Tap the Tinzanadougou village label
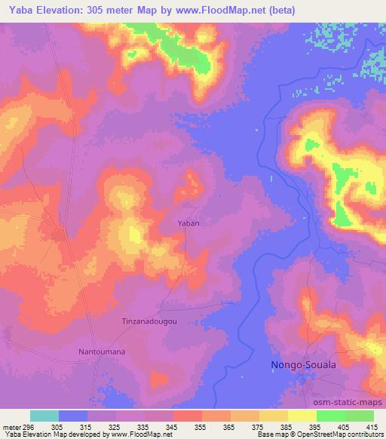(149, 321)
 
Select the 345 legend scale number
(173, 426)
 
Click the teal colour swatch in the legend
(44, 416)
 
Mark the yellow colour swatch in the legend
(302, 416)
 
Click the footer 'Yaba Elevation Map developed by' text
(56, 434)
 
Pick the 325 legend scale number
(116, 426)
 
